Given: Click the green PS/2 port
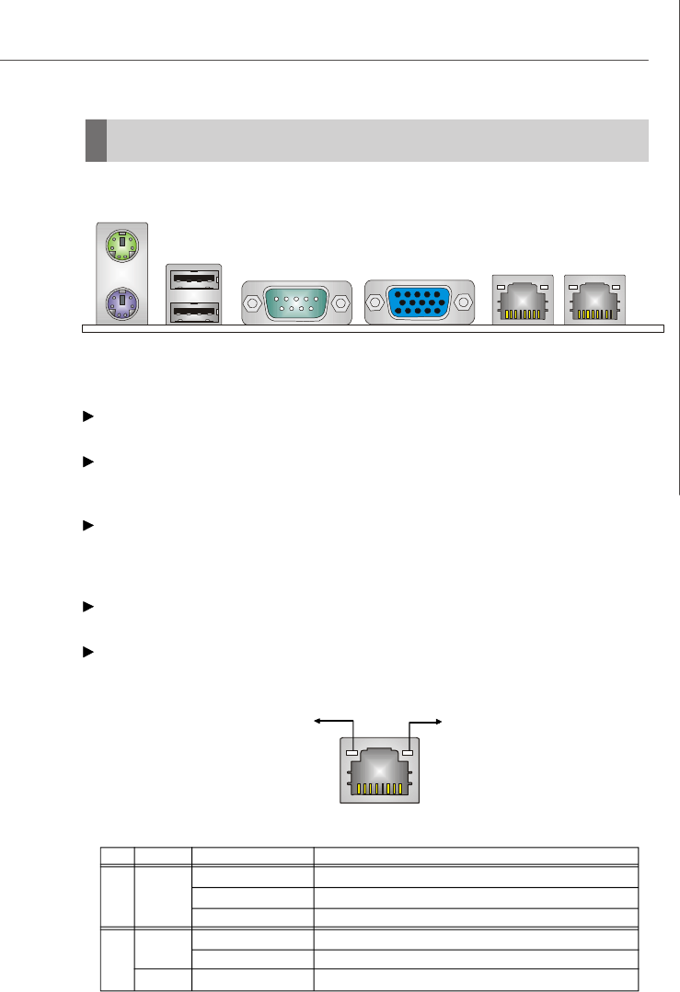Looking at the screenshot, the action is (x=121, y=245).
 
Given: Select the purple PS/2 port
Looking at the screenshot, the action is (x=121, y=301).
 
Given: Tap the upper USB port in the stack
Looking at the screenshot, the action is (x=194, y=277).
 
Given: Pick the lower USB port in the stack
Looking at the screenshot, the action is (x=194, y=310).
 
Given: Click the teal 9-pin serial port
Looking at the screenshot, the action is (x=296, y=302).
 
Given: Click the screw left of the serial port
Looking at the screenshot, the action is (x=253, y=302).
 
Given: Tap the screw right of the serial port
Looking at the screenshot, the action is (x=340, y=302).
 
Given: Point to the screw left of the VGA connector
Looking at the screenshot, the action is (x=375, y=302).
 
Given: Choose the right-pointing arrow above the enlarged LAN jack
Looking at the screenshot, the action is (x=436, y=723).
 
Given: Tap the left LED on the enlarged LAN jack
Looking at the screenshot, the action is (x=350, y=753).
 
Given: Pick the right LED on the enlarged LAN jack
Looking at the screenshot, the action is (x=409, y=753).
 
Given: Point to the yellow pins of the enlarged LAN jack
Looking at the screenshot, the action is (x=378, y=790).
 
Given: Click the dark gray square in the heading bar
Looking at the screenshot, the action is (x=96, y=140).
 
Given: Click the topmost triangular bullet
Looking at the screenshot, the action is (x=88, y=416).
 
